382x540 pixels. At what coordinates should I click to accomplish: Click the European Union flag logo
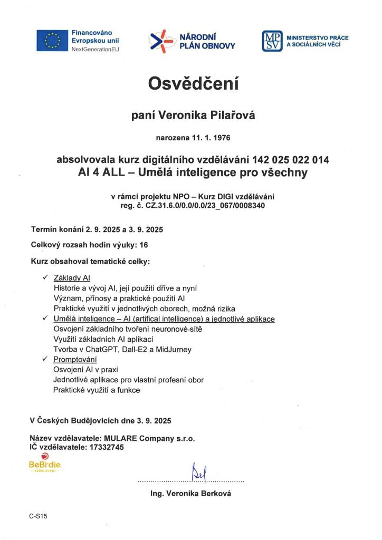[52, 41]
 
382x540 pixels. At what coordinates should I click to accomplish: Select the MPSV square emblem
[272, 41]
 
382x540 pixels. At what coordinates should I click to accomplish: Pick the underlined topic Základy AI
[72, 278]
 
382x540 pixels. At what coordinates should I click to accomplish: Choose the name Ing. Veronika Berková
[190, 494]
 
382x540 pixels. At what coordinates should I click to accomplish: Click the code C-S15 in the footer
[39, 516]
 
